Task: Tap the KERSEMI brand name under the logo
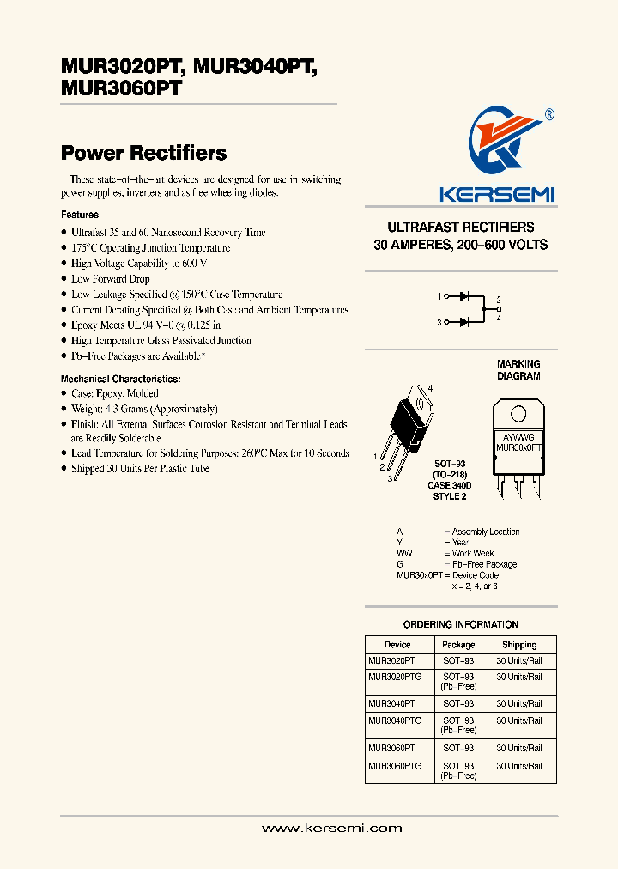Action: coord(497,195)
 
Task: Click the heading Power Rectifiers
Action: coord(143,153)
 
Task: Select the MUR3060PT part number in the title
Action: coord(121,88)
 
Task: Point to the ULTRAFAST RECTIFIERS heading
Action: coord(461,228)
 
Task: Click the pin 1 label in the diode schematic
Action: coord(439,297)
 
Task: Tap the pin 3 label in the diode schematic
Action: coord(439,323)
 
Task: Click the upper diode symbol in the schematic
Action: coord(464,297)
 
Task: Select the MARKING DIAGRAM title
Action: coord(518,370)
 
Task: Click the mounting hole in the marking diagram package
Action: coord(518,414)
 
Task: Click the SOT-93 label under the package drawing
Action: coord(450,465)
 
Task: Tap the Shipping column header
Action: coord(519,645)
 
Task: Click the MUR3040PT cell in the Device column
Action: coord(391,703)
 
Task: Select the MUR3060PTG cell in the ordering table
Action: coord(395,765)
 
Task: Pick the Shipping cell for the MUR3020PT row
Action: coord(519,661)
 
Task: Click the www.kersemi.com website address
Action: coord(331,829)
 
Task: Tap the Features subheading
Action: coord(80,215)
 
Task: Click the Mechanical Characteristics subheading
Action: coord(120,379)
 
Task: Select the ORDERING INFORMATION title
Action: coord(461,624)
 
